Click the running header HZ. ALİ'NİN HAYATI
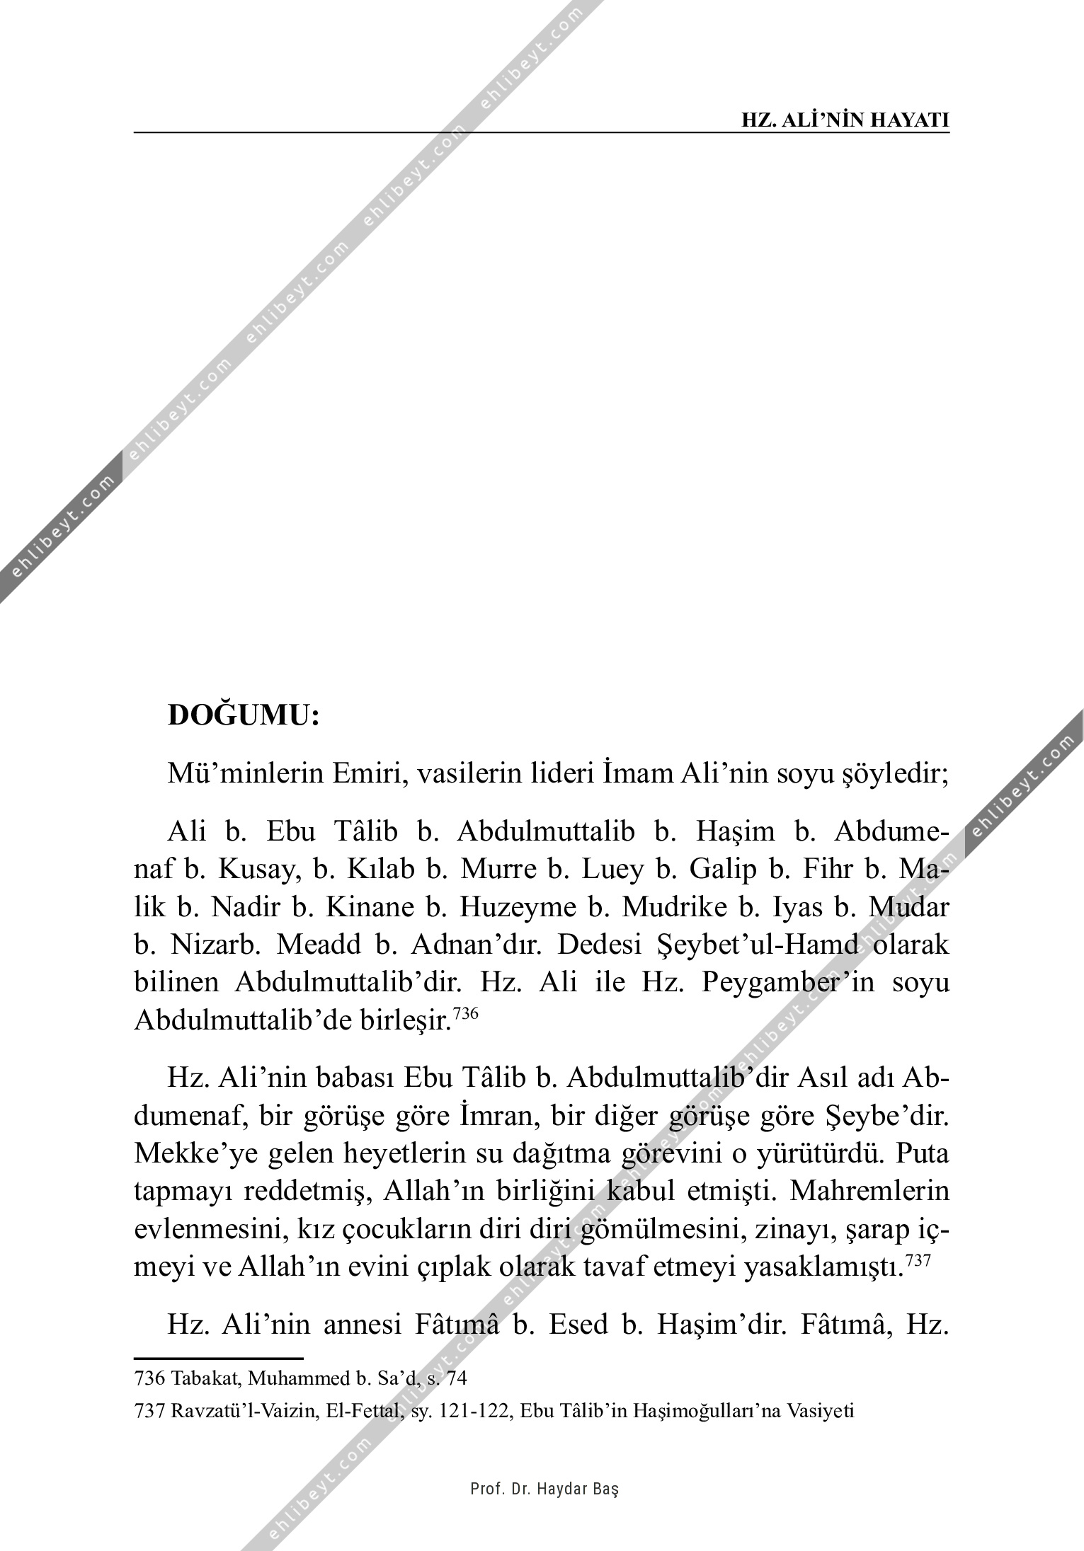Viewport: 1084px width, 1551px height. [845, 119]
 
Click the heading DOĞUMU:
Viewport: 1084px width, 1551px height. [244, 715]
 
